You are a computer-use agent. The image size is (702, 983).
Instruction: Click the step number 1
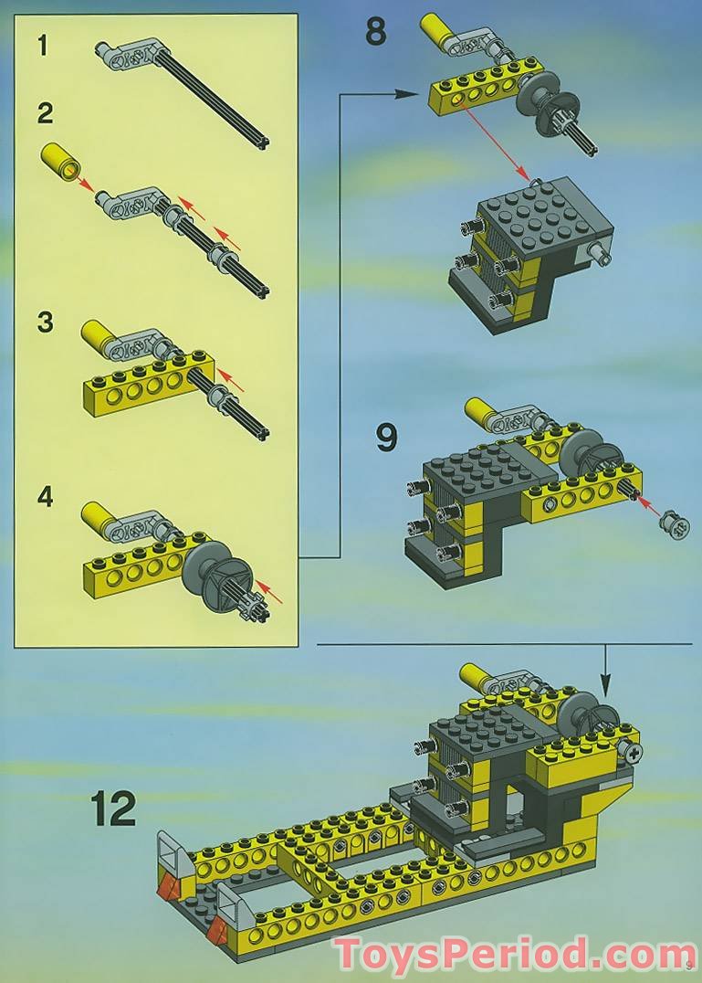pos(42,45)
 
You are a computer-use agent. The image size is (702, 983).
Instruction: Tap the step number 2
pos(45,113)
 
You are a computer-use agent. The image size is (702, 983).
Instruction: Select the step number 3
pos(45,322)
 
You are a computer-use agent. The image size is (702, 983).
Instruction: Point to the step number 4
pos(45,496)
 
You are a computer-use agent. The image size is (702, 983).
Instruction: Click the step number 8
pos(376,32)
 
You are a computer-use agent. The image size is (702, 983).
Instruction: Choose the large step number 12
pos(113,809)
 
